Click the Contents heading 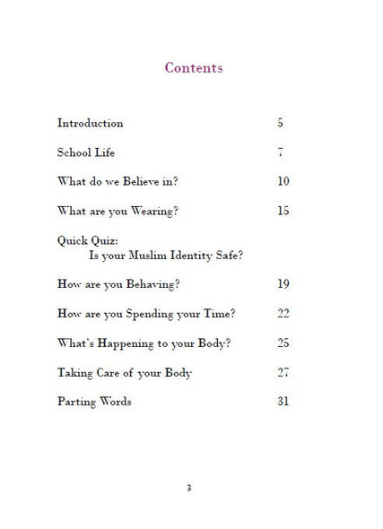[194, 68]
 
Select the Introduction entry [90, 123]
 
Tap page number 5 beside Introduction [281, 123]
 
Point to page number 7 [281, 152]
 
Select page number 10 [283, 181]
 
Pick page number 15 [283, 211]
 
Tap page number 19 [283, 284]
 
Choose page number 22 [283, 313]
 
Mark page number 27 [283, 372]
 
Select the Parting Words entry [94, 401]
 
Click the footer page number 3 [188, 488]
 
